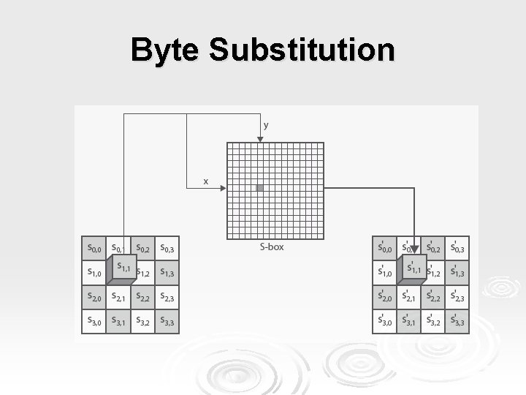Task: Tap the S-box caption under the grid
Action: [x=272, y=247]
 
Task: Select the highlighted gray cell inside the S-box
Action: [x=260, y=188]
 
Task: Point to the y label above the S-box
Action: [x=266, y=125]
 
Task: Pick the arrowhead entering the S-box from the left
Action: [x=223, y=188]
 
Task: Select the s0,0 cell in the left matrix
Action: [x=94, y=249]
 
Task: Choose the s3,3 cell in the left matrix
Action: [x=167, y=321]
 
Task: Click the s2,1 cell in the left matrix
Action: [x=118, y=297]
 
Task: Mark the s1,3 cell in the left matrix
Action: [x=167, y=273]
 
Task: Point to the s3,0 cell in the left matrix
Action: [x=94, y=321]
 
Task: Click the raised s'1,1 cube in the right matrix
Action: [x=415, y=268]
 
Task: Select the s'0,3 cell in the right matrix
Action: [x=457, y=249]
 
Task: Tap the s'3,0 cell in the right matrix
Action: [x=384, y=321]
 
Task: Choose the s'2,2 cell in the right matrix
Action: [x=433, y=297]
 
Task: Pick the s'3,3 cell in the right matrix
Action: [x=457, y=321]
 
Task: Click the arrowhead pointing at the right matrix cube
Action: [x=414, y=249]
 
